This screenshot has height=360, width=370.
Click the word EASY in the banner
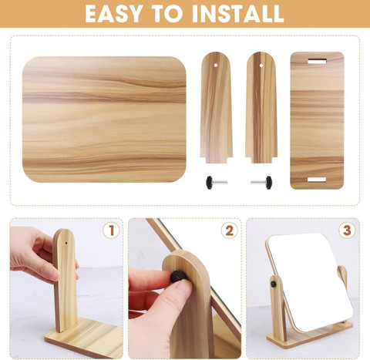pos(114,13)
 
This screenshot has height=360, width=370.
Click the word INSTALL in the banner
pos(238,13)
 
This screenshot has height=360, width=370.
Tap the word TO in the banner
pos(167,13)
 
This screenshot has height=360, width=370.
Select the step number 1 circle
pos(111,230)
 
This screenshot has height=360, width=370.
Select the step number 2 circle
pos(230,230)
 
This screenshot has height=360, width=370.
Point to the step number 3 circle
pos(347,230)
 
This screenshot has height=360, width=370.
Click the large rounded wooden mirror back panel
pos(104,119)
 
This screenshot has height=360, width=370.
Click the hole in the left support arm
pos(216,66)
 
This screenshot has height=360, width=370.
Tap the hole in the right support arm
pos(261,66)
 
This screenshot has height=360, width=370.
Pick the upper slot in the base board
pos(317,62)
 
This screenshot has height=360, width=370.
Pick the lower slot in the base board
pos(317,180)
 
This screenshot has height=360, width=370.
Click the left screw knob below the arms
pos(216,183)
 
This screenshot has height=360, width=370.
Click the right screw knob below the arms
pos(261,183)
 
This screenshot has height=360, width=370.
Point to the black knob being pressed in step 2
pos(179,277)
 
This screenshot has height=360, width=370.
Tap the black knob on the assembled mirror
pos(274,284)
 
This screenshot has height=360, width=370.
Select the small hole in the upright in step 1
pos(66,243)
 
